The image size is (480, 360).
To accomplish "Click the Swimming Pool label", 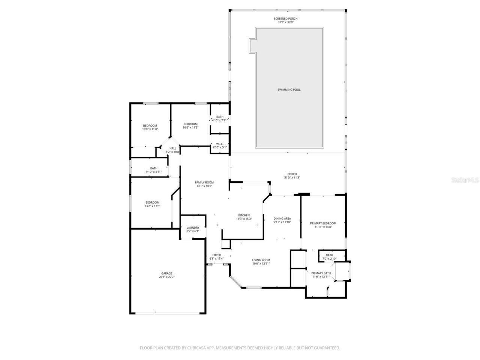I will pos(289,90).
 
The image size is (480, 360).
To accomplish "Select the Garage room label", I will pos(167,273).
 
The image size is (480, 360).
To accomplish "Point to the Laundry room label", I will pos(193,228).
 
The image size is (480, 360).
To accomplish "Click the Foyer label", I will pos(216,255).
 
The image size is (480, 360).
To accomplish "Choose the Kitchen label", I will pos(244,215).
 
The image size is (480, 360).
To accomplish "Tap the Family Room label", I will pos(204,183).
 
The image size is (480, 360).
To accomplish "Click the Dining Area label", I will pos(282,219).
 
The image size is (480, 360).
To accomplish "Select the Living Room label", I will pos(261,260).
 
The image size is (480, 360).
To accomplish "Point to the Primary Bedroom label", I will pos(323,223).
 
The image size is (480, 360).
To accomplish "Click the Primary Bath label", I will pos(321,273).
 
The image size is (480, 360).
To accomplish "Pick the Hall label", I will pos(172,148).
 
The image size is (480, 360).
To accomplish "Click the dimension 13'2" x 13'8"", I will pos(152,206).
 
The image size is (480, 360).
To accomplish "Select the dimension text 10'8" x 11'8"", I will pos(150,129).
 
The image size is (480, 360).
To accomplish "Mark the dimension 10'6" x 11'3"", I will pos(190,127).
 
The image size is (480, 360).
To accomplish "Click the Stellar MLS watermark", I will pos(465,180).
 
